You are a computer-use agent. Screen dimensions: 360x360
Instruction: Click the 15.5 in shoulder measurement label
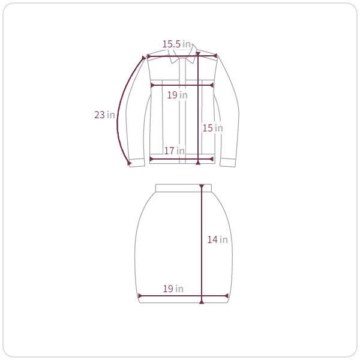point(176,44)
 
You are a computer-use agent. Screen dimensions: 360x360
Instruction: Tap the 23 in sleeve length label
point(104,115)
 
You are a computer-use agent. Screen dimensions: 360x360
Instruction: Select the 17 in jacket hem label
point(174,151)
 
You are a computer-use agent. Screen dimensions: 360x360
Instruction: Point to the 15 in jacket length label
point(212,128)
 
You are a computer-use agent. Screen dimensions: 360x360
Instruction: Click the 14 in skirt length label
point(217,239)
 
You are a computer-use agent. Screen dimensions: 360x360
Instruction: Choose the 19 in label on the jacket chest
point(177,95)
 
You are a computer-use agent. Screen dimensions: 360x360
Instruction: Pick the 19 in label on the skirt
point(173,289)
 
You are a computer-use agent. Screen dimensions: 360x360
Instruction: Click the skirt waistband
point(184,188)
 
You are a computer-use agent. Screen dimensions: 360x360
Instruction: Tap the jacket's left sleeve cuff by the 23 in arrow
point(137,163)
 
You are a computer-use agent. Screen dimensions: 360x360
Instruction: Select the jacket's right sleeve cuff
point(228,163)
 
